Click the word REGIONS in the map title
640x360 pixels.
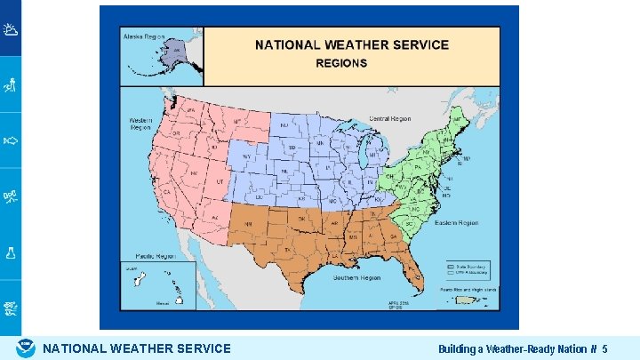click(342, 63)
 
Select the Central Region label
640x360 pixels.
click(388, 118)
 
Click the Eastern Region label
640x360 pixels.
click(457, 223)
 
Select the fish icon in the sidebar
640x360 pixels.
click(10, 140)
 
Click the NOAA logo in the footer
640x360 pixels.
click(26, 348)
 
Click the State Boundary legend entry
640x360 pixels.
click(463, 266)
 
